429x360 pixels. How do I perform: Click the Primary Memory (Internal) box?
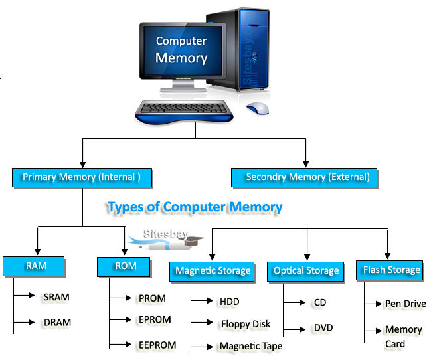(82, 177)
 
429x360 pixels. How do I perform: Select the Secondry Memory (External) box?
(304, 177)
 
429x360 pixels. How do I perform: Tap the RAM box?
(35, 266)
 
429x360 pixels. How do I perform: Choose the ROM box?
(126, 266)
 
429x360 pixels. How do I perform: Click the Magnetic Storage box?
(213, 270)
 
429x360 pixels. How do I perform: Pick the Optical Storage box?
(306, 270)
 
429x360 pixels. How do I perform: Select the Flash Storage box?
(391, 270)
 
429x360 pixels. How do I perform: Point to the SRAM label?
(57, 296)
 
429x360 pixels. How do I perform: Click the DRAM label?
(57, 322)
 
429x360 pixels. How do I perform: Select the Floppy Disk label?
(245, 324)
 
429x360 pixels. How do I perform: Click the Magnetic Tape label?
(250, 346)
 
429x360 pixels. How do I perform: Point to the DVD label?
(323, 328)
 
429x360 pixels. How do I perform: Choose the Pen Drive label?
(405, 304)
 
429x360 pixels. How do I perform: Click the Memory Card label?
(403, 337)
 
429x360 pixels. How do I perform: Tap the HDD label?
(229, 302)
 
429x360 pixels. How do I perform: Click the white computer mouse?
(257, 108)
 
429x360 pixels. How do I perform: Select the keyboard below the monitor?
(184, 110)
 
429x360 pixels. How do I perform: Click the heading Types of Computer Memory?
(195, 207)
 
